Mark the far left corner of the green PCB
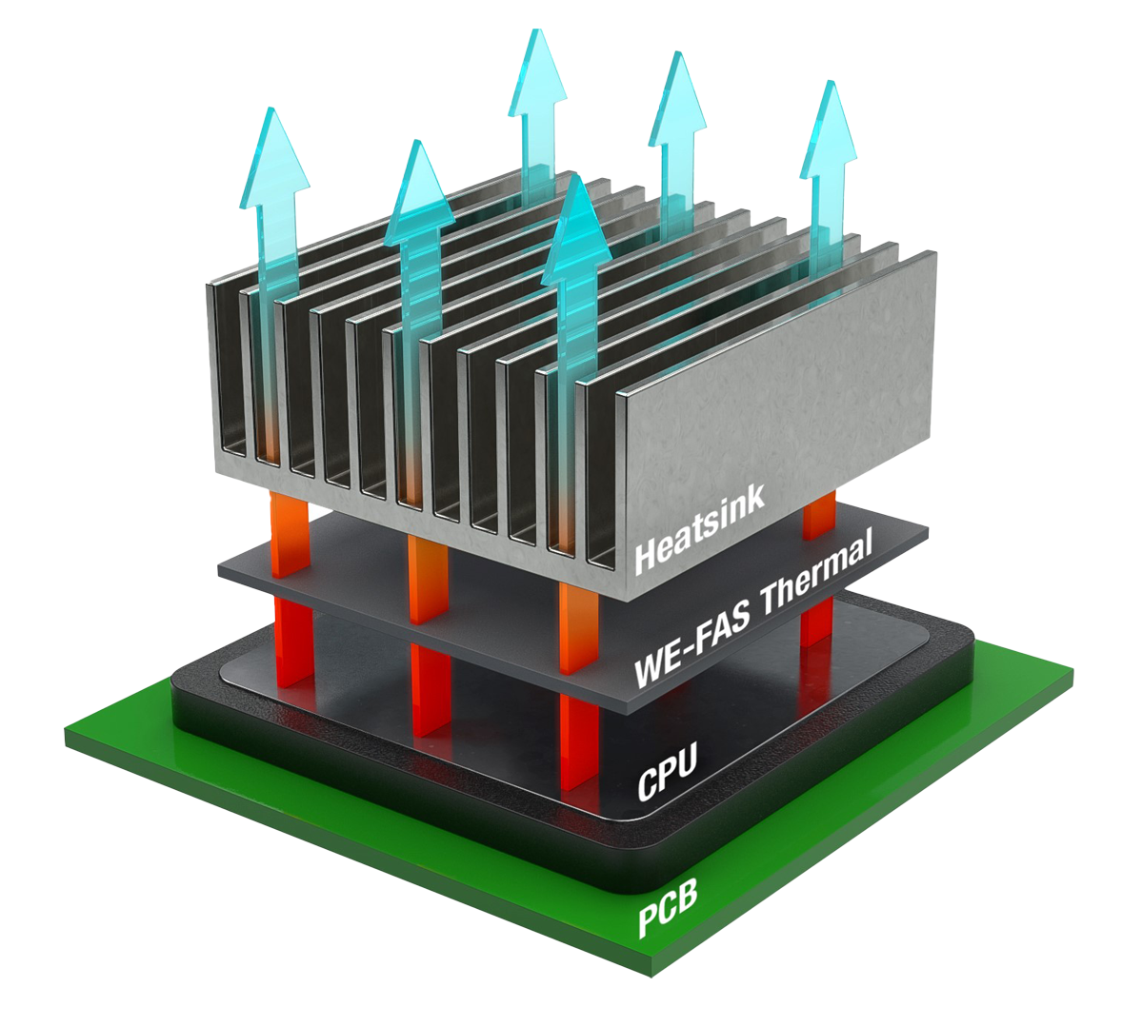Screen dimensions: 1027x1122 click(67, 735)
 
